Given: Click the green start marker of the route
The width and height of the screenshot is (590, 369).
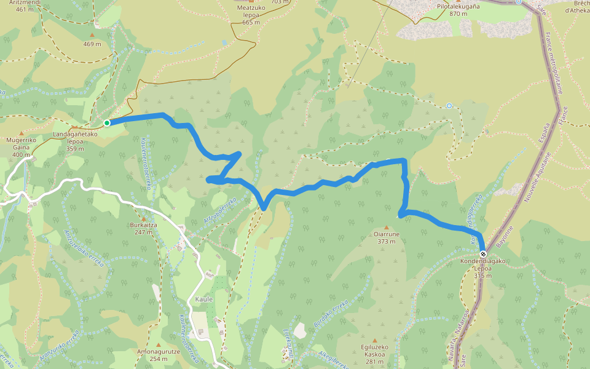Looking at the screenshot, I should (x=107, y=123).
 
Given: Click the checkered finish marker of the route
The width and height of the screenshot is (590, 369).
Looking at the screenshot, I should (x=483, y=254).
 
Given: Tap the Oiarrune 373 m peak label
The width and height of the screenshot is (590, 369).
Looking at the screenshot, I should (x=386, y=237).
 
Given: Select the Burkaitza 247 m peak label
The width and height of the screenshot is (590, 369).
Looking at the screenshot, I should (x=144, y=228).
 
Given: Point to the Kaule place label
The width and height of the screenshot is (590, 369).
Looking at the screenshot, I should (x=204, y=299).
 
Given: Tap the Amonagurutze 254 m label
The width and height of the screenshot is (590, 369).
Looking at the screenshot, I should (x=158, y=355).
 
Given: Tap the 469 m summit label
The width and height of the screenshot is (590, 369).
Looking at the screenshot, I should (x=92, y=44).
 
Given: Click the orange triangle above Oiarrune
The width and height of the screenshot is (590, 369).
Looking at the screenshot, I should (x=386, y=228).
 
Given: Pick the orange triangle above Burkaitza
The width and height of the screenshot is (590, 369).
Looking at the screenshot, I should (x=144, y=218).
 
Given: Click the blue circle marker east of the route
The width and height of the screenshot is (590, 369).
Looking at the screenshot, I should (x=449, y=106).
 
